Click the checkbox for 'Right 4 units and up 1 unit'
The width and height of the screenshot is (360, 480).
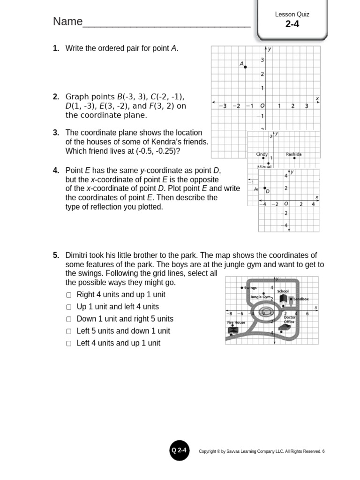(x=69, y=295)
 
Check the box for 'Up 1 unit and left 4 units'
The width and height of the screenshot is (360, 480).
(x=69, y=307)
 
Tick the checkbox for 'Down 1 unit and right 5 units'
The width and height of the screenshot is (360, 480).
(x=69, y=319)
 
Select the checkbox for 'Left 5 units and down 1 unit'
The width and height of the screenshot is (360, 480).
(x=69, y=331)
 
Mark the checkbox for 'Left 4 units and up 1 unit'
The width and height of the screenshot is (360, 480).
(x=69, y=344)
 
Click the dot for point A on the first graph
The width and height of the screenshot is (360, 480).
(x=245, y=67)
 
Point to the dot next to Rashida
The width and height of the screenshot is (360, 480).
(x=294, y=158)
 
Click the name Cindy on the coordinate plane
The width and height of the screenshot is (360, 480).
(x=262, y=154)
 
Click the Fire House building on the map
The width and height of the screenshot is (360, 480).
(x=233, y=330)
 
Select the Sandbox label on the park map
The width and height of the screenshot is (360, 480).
(x=301, y=299)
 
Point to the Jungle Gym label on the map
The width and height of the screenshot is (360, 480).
(x=260, y=297)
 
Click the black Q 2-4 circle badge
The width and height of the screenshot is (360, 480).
(x=179, y=451)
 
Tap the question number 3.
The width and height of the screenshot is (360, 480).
(x=56, y=133)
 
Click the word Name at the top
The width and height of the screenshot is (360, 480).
(x=67, y=22)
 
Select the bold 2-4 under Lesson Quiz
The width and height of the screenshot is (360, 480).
(x=292, y=24)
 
